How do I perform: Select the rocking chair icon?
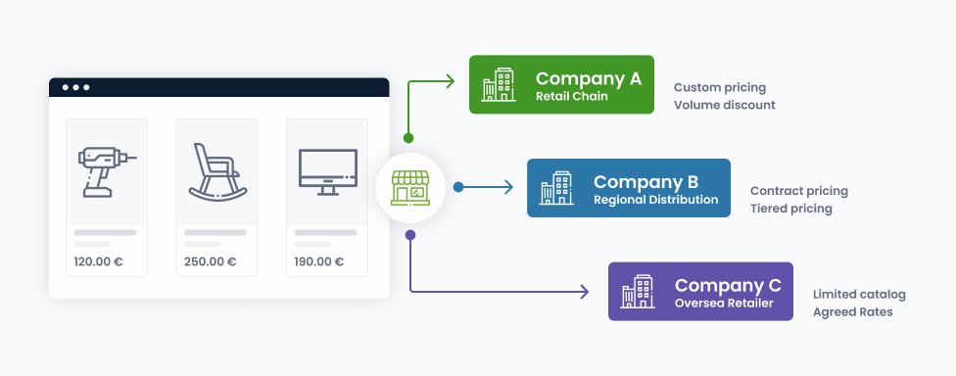[217, 171]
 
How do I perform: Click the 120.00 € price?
[98, 262]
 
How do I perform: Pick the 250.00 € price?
[211, 262]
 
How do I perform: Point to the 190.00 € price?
[319, 262]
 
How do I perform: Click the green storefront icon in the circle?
[409, 187]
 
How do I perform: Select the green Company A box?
[561, 85]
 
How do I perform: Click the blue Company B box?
[629, 188]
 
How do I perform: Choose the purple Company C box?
[700, 291]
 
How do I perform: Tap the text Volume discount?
[724, 105]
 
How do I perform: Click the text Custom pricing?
[719, 88]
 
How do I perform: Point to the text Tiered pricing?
[790, 209]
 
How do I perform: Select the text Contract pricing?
[798, 191]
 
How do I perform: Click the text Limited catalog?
[859, 295]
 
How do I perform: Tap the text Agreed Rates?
[852, 312]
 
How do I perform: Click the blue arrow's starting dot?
[458, 187]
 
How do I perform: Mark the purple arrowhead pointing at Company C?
[584, 292]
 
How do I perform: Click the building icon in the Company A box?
[499, 85]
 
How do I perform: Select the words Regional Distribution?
[655, 200]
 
